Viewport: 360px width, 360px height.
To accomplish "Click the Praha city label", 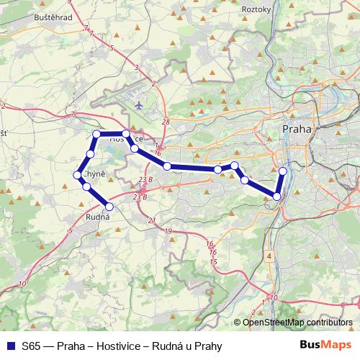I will [x=297, y=129].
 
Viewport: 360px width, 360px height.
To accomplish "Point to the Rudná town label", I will [x=98, y=216].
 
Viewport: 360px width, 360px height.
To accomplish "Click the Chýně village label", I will [x=95, y=175].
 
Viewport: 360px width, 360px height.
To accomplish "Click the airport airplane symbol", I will [x=138, y=104].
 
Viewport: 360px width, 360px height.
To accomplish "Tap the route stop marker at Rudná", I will [x=109, y=207].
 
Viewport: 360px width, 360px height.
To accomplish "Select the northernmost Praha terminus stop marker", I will [x=282, y=171].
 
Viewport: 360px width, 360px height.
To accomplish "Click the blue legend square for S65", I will [x=10, y=346].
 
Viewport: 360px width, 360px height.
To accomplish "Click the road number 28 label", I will [x=166, y=122].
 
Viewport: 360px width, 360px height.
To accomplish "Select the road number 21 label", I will [x=152, y=220].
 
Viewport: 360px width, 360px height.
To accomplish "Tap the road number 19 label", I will [x=168, y=231].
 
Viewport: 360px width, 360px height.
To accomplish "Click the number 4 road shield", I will [x=269, y=256].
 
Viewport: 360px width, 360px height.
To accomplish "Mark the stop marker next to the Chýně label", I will [x=77, y=175].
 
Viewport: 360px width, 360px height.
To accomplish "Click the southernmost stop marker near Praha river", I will [x=276, y=196].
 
